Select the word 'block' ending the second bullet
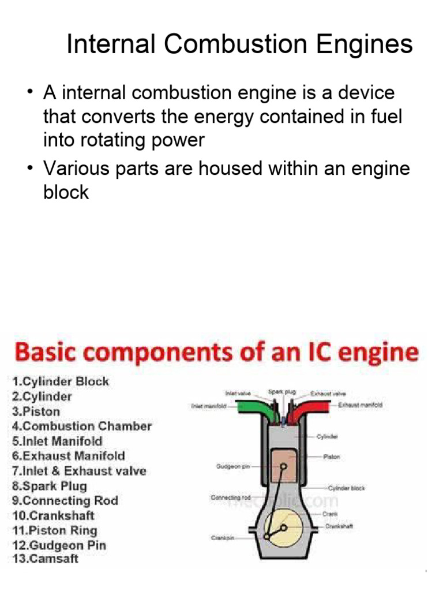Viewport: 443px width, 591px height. tap(66, 192)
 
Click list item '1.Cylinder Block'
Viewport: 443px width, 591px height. tap(59, 381)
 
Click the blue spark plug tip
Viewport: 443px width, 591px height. tap(283, 426)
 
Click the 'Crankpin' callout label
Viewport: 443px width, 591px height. tap(221, 538)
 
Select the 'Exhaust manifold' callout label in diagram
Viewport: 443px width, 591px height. tap(360, 405)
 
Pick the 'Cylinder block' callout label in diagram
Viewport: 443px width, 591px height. tap(347, 488)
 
